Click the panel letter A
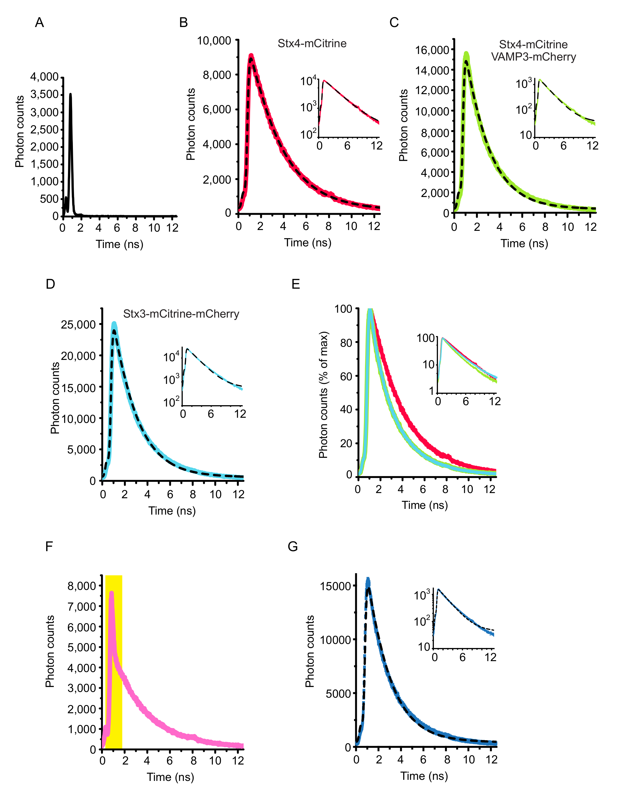(x=39, y=22)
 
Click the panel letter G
(x=293, y=547)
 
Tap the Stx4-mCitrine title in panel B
(x=312, y=43)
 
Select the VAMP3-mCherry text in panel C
(x=533, y=57)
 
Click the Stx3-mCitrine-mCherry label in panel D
(x=181, y=314)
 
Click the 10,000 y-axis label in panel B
(x=214, y=40)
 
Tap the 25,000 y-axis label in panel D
(x=78, y=324)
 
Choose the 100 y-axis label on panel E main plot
(x=343, y=309)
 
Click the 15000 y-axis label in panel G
(x=336, y=586)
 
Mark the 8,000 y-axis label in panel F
(x=82, y=586)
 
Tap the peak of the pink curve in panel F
(x=112, y=592)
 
